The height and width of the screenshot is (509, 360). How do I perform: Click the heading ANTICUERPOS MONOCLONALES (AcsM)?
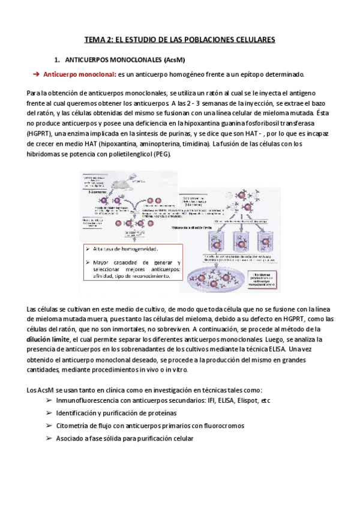124,61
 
